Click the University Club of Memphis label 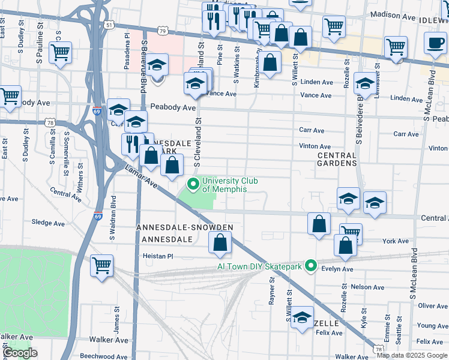click(x=224, y=185)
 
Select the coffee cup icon click(x=436, y=43)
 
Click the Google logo click(x=20, y=353)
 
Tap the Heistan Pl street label click(x=158, y=256)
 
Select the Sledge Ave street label click(x=47, y=223)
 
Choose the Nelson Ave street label click(x=368, y=287)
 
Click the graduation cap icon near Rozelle click(x=303, y=317)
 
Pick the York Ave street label click(x=395, y=241)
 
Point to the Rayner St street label click(x=272, y=290)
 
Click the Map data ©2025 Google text click(x=411, y=355)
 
